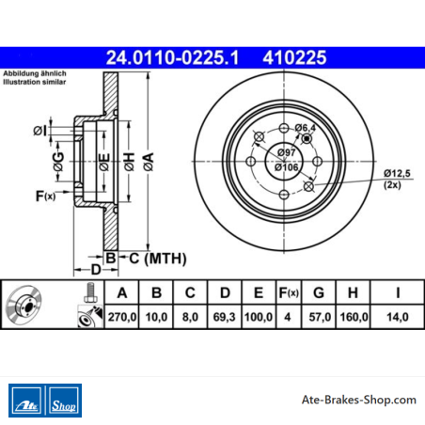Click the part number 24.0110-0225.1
tap(172, 57)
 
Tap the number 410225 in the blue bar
tap(294, 57)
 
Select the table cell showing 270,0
tap(122, 317)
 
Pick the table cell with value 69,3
tap(225, 317)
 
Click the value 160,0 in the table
tap(354, 317)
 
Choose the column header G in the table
tap(319, 292)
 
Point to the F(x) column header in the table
tap(289, 292)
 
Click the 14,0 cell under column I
tap(398, 317)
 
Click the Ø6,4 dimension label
tap(306, 128)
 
